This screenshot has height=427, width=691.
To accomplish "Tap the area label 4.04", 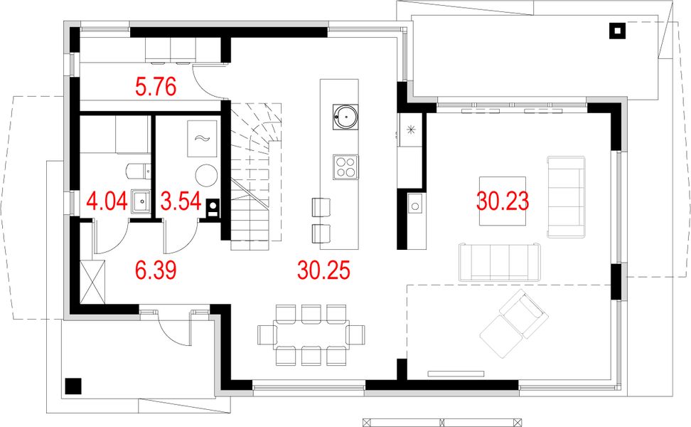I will click(x=106, y=200).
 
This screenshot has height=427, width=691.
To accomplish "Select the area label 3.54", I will click(x=178, y=200).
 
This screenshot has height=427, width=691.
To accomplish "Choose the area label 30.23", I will click(x=503, y=201).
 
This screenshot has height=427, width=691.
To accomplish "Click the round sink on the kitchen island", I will click(x=345, y=116).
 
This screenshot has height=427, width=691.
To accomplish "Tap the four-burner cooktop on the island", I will click(x=345, y=167).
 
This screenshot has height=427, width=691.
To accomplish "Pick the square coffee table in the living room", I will click(x=502, y=201).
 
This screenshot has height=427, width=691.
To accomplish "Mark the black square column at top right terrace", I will click(x=616, y=31).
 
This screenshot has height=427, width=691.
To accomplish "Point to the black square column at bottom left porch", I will click(x=73, y=386).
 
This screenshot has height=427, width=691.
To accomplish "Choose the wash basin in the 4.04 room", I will click(x=139, y=201).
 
